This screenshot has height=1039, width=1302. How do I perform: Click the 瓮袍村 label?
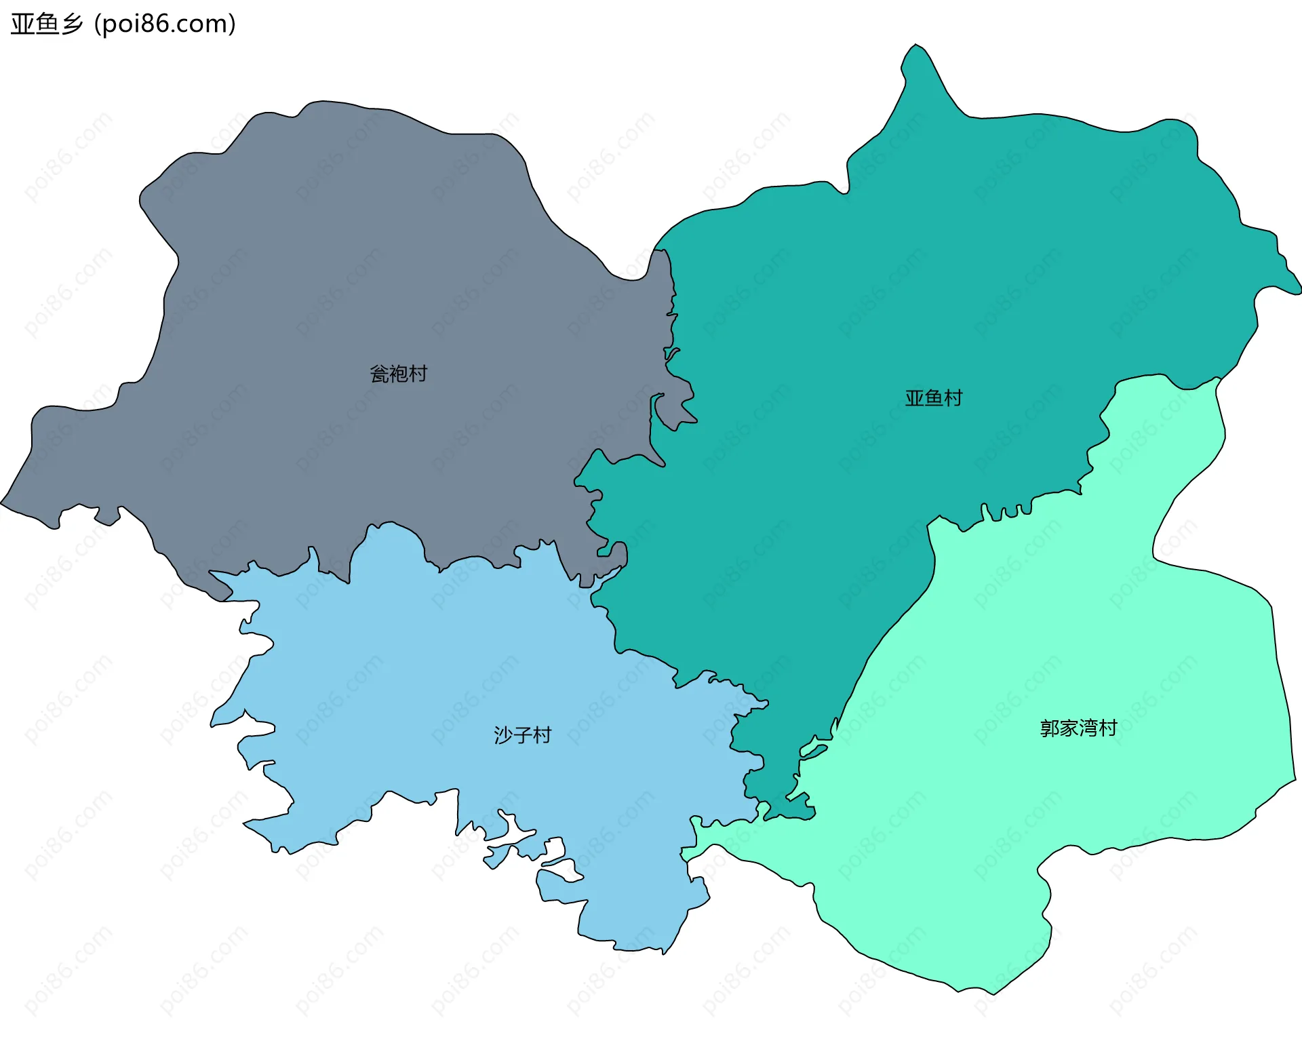click(398, 374)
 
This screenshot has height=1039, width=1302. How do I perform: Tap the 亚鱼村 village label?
click(934, 398)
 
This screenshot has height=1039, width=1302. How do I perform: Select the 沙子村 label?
click(522, 735)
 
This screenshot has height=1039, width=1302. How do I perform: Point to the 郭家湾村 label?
click(1078, 728)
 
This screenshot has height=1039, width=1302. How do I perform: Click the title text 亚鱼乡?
click(47, 24)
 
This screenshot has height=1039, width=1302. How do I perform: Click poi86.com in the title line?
click(165, 24)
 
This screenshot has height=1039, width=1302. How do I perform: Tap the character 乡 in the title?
click(72, 24)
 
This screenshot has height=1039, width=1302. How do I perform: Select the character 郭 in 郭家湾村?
click(1050, 728)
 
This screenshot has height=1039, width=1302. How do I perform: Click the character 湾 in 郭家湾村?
click(1088, 728)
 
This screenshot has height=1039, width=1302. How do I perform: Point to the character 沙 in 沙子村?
click(503, 735)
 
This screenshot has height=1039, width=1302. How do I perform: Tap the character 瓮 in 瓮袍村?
click(379, 374)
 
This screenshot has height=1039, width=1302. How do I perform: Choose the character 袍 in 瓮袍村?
click(398, 374)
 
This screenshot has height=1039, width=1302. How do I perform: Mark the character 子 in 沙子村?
click(522, 735)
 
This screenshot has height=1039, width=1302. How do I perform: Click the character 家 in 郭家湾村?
click(1069, 728)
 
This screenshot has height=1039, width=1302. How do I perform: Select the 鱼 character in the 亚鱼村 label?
click(934, 398)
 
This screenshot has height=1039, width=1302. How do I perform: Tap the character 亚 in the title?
click(22, 24)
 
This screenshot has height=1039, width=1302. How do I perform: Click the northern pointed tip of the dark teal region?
click(916, 46)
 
